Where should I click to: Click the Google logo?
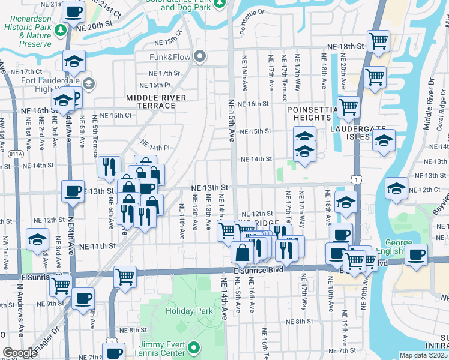(x=20, y=353)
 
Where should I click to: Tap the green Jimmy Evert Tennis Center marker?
(x=193, y=347)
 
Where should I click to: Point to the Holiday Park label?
(x=190, y=311)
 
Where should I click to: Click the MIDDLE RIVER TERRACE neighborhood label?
(x=151, y=101)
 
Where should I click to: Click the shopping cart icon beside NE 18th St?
(x=378, y=41)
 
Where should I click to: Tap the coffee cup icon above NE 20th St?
(x=73, y=11)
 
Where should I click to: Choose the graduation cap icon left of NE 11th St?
(x=37, y=241)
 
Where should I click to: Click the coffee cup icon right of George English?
(x=416, y=254)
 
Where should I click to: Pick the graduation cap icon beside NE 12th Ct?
(x=396, y=188)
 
